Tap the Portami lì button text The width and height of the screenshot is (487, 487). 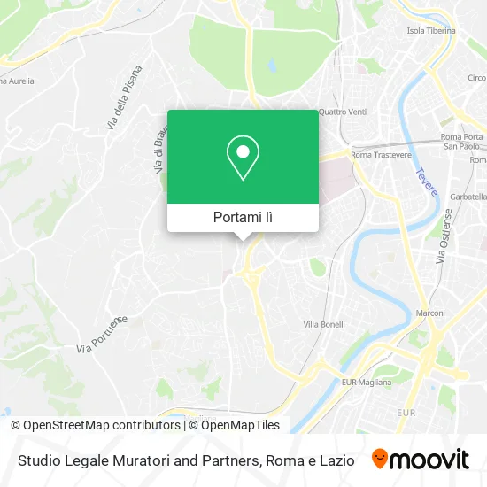(x=243, y=217)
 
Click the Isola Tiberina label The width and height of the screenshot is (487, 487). (x=430, y=30)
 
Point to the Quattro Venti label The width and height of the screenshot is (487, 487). (x=343, y=112)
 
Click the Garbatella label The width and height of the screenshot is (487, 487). (x=467, y=195)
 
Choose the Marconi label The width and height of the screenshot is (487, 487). (x=431, y=313)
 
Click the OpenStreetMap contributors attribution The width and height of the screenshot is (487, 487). (x=95, y=425)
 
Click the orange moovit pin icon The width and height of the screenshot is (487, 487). (x=379, y=460)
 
